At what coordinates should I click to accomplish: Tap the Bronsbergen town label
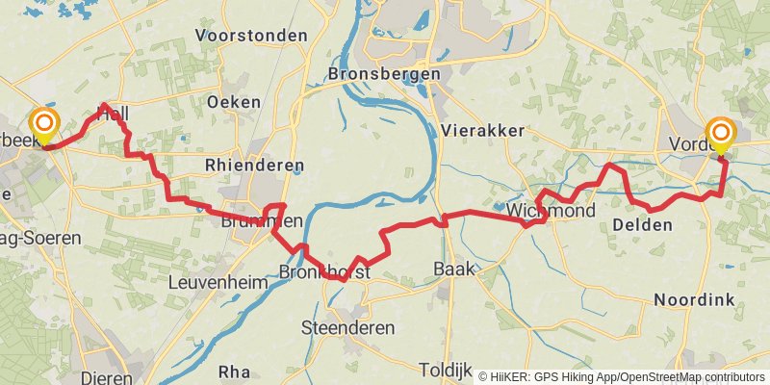click(383, 74)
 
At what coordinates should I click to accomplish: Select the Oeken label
click(234, 101)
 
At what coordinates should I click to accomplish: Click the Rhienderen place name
click(248, 166)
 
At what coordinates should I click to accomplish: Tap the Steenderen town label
click(348, 328)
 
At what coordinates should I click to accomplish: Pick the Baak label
click(454, 269)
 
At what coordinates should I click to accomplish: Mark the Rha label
click(234, 371)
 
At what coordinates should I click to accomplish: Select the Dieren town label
click(107, 378)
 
